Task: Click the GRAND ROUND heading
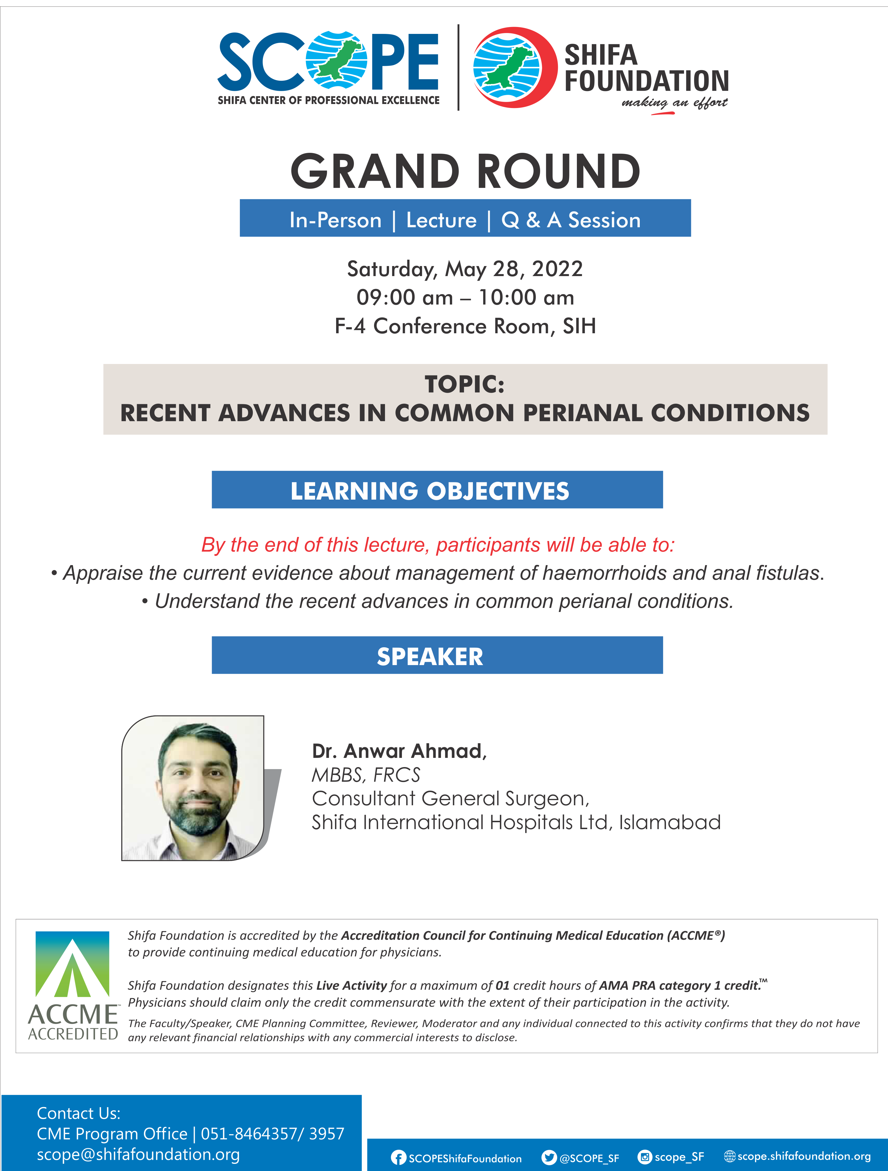point(465,171)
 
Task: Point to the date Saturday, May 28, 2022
point(465,269)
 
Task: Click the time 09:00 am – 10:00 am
point(465,298)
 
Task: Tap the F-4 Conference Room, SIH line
point(465,326)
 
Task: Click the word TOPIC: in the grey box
point(464,384)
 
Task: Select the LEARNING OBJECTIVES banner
point(437,490)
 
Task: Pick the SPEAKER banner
point(437,655)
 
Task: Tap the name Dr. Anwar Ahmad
point(399,751)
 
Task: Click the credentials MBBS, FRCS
point(365,775)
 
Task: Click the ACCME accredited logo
point(73,986)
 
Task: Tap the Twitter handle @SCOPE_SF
point(589,1158)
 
